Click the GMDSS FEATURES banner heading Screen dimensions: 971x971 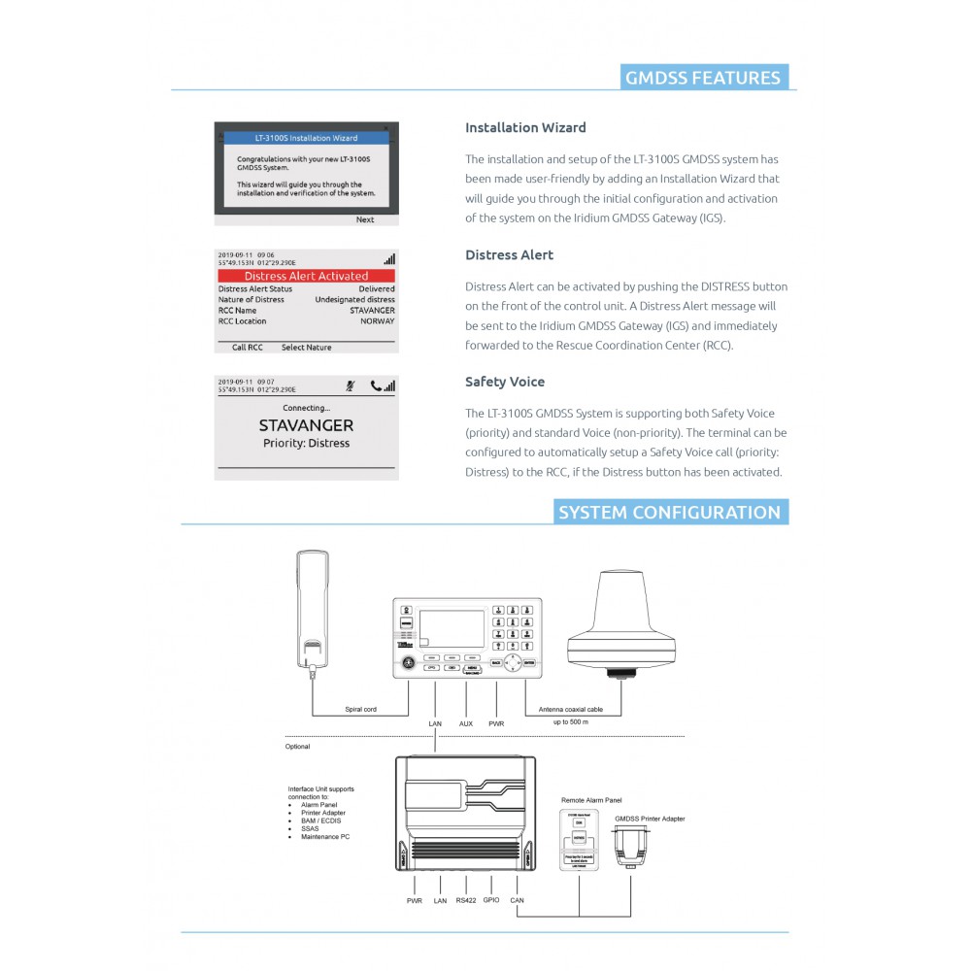pos(704,79)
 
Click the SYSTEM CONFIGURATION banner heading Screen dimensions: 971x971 pos(669,513)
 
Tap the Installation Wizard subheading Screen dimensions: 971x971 pos(525,127)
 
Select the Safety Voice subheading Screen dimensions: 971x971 pos(505,382)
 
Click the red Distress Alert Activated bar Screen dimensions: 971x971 pos(306,276)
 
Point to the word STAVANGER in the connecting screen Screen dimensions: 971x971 pos(306,425)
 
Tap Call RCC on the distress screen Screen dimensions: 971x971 pos(248,347)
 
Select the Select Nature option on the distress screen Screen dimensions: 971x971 pos(306,347)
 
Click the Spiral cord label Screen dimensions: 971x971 pos(360,710)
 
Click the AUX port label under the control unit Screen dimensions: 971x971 pos(466,723)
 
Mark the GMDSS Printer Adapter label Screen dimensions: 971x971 pos(650,819)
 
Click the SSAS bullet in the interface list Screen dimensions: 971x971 pos(309,828)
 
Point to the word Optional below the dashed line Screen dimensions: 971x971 pos(297,747)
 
